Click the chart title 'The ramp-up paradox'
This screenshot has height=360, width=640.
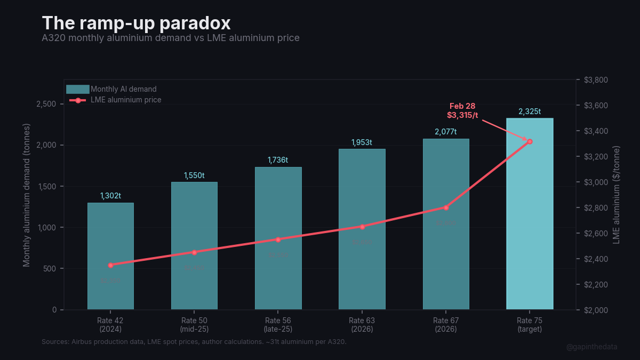point(136,23)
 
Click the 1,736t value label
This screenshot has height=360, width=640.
point(278,160)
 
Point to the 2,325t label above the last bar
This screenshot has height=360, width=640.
point(530,111)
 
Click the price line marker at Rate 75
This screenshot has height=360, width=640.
point(530,141)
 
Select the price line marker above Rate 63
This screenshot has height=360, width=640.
point(362,227)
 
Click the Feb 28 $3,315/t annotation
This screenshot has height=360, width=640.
point(462,110)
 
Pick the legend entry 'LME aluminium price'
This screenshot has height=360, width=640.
point(126,100)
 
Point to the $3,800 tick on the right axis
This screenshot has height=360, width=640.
point(596,80)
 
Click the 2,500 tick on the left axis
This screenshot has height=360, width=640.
point(46,104)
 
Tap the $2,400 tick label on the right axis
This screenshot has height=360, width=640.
point(596,259)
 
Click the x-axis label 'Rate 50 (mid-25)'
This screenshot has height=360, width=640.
point(194,325)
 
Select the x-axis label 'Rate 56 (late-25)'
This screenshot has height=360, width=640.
point(278,325)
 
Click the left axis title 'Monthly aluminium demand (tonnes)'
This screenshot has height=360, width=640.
point(27,195)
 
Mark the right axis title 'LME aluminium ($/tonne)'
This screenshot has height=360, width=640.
point(617,195)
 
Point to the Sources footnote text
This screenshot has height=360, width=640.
point(194,341)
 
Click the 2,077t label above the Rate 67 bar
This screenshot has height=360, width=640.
point(446,132)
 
